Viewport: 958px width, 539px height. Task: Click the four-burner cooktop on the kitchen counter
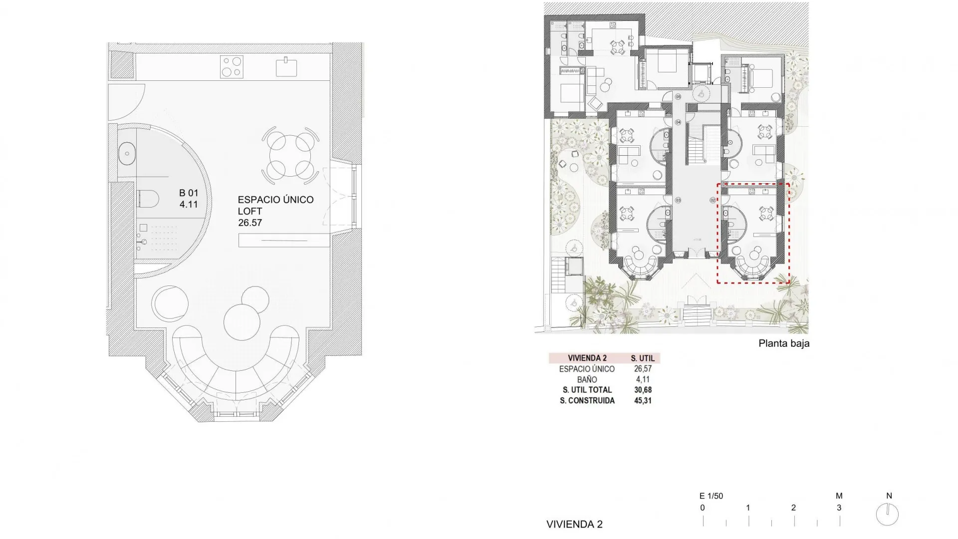232,67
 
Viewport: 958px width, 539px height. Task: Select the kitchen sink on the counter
286,67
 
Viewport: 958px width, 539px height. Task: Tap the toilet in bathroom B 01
147,199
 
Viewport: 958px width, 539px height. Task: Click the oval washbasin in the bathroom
127,153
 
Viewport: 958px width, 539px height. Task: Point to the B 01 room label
189,193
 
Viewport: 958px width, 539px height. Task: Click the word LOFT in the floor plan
250,211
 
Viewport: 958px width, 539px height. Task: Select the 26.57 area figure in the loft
250,223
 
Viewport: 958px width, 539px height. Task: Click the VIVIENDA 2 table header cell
587,358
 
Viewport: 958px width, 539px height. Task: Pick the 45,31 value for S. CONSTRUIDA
643,400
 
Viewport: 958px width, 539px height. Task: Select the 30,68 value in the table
643,390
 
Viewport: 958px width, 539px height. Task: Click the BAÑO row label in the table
587,379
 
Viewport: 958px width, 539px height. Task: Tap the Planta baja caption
783,343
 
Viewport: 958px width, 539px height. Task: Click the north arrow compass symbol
887,515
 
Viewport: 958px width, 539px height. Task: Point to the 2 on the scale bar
793,508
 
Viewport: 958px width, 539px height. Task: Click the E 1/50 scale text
711,496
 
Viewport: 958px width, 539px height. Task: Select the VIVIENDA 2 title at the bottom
574,524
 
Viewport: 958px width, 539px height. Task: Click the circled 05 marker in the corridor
678,97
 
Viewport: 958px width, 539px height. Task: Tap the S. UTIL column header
643,358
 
